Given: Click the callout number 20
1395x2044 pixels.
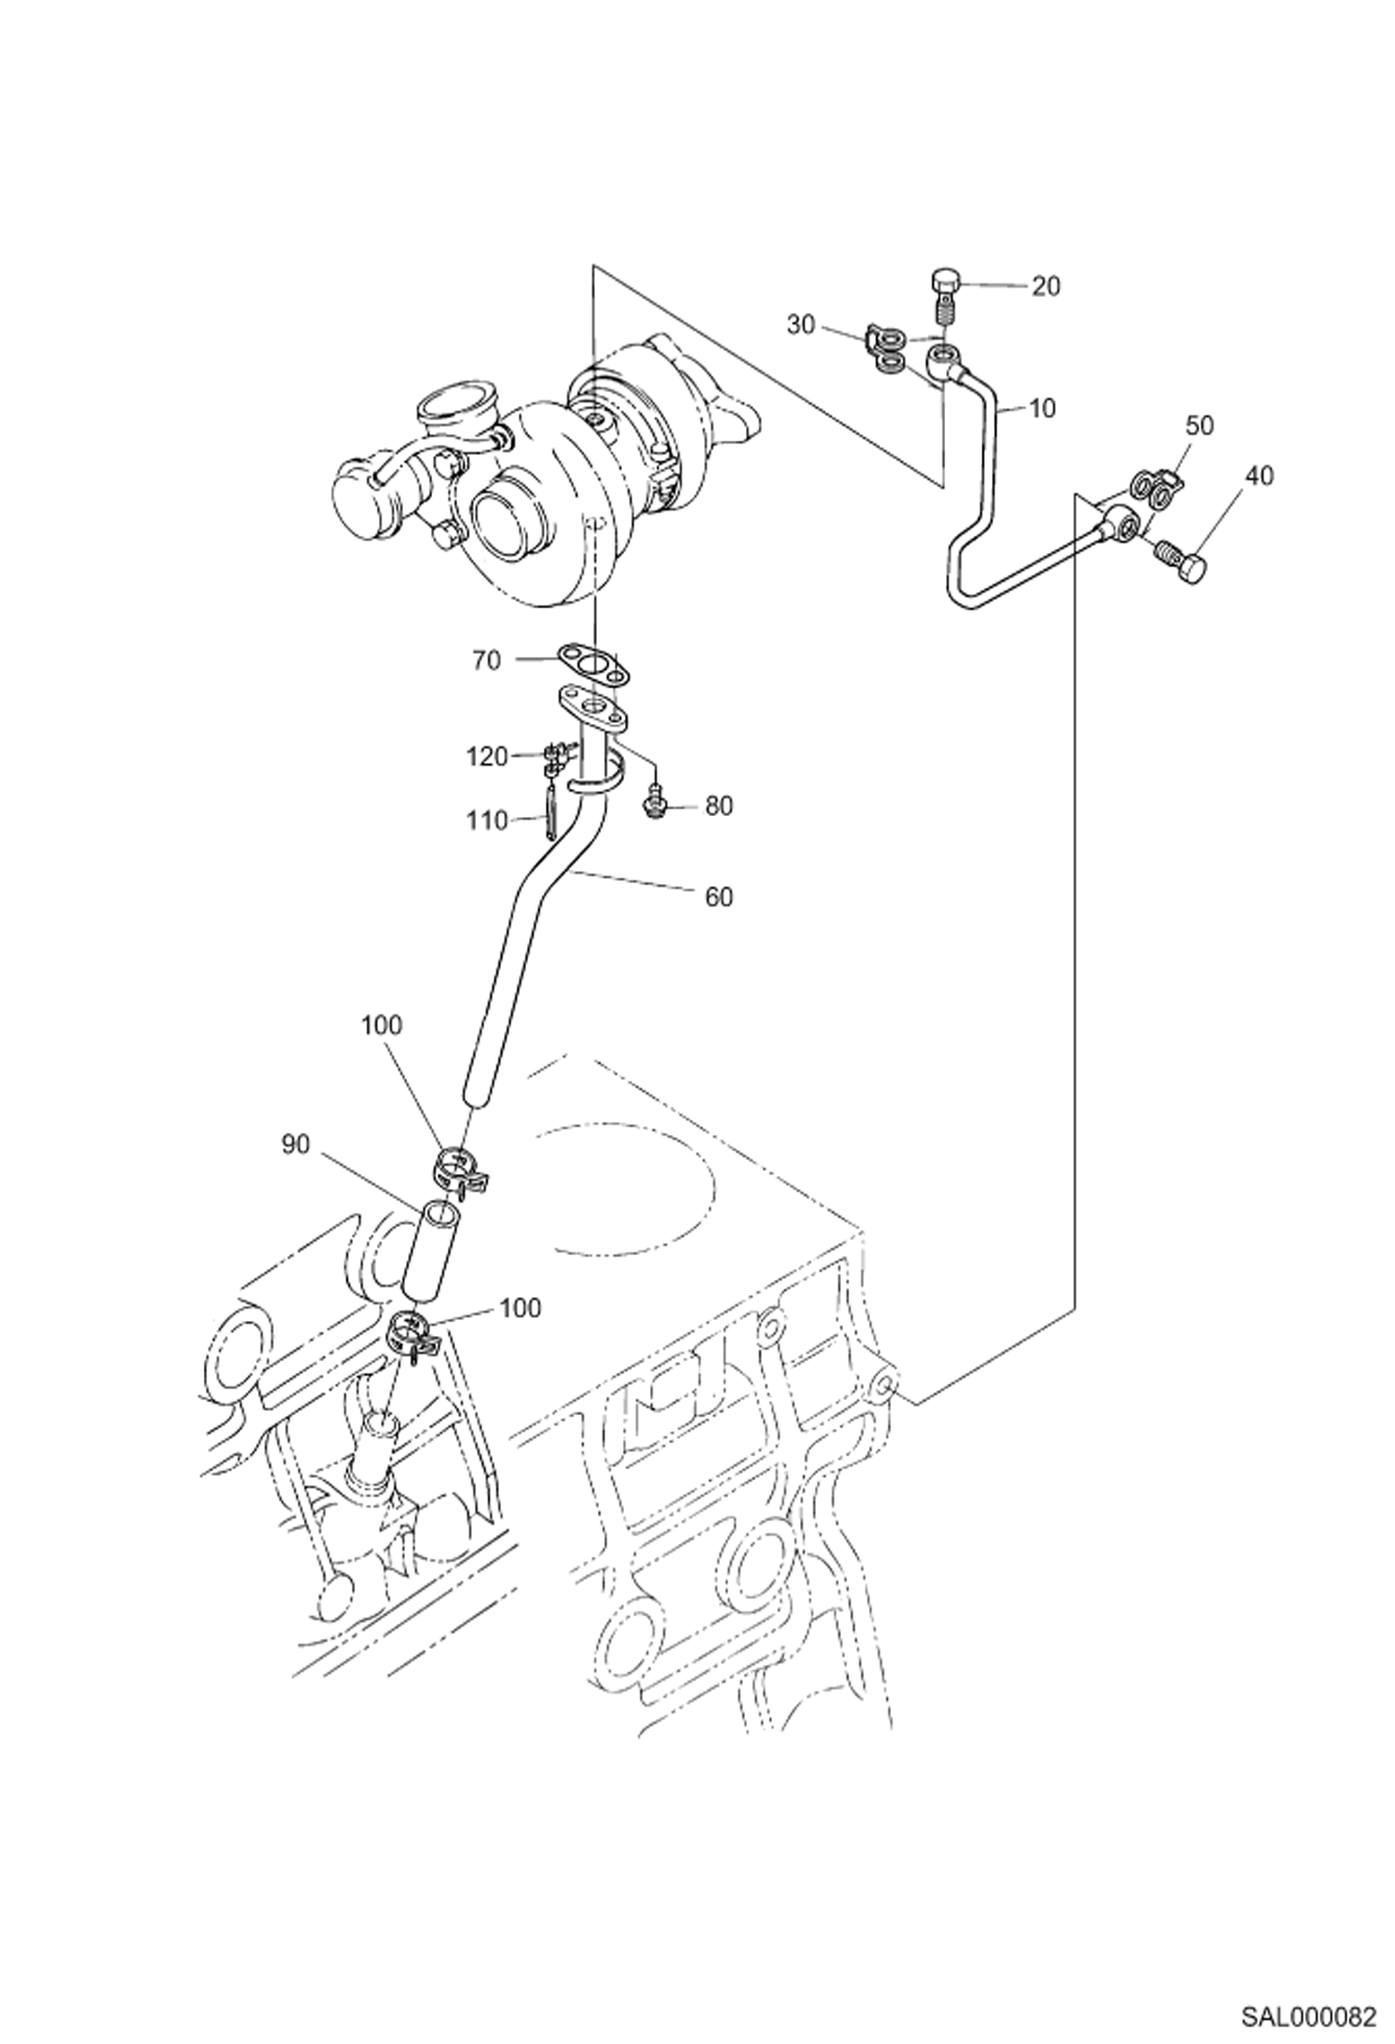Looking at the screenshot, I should pos(1046,286).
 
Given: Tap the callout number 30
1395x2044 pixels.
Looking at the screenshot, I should pos(800,324).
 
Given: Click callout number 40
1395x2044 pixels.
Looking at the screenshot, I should pos(1258,475).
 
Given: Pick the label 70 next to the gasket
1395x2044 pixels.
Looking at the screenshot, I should pos(486,661).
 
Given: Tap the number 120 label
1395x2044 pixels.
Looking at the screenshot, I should pos(487,756).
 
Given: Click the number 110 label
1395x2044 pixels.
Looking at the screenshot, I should pos(487,821).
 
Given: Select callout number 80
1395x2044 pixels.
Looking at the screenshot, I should pos(718,806).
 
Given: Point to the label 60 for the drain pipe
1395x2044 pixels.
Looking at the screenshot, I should pos(719,897).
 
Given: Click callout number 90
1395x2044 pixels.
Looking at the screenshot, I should pos(295,1145).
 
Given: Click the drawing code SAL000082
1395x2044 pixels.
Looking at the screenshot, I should pos(1307,2012).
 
